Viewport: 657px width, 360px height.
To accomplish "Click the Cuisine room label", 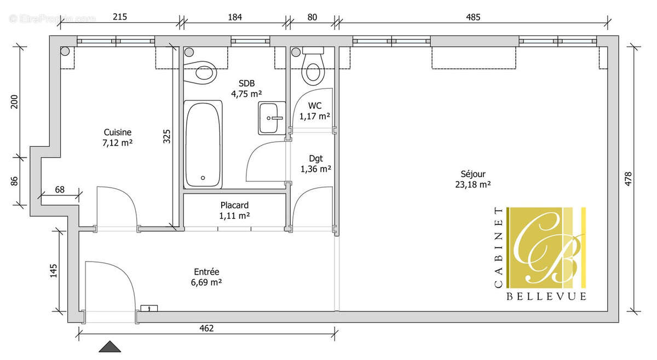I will (x=118, y=132).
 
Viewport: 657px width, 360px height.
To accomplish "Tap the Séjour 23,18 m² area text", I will (x=473, y=184).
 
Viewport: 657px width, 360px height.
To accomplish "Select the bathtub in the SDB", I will (x=203, y=144).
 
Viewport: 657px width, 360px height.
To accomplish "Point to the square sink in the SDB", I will (x=272, y=118).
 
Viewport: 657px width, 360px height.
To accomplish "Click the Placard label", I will (x=234, y=205).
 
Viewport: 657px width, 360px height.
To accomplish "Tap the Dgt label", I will (x=315, y=159).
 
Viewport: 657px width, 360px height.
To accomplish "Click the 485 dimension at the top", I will (x=472, y=17).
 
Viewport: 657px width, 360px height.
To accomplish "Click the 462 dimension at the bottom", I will (x=206, y=328).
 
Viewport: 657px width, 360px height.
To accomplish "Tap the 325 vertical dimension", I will (x=167, y=136).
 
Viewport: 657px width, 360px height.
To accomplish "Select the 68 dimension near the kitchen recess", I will (x=60, y=190).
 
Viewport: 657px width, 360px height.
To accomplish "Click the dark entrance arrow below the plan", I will (x=110, y=347).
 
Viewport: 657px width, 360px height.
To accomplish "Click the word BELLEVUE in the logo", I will (x=546, y=296).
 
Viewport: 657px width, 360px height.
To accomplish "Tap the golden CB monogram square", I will (x=546, y=247).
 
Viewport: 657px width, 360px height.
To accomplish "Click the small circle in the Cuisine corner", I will (x=65, y=52).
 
